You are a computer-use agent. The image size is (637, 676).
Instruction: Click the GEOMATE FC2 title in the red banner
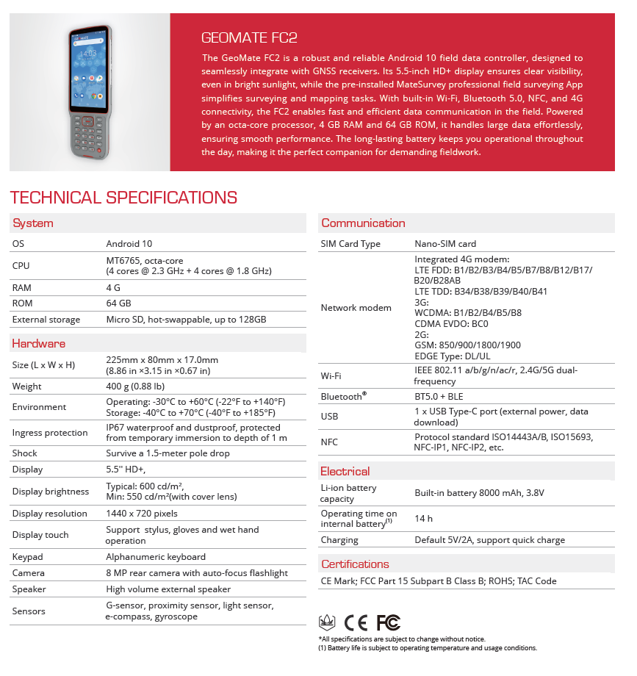pyautogui.click(x=249, y=37)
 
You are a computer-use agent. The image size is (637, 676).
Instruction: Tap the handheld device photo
pyautogui.click(x=90, y=91)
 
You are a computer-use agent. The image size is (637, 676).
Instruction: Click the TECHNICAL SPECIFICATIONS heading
pyautogui.click(x=123, y=198)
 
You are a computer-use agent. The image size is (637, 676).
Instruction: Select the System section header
pyautogui.click(x=33, y=223)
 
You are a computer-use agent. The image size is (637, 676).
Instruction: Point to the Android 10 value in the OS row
pyautogui.click(x=129, y=243)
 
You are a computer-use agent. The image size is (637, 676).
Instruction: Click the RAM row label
pyautogui.click(x=22, y=288)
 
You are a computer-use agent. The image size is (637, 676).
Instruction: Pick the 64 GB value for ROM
pyautogui.click(x=119, y=303)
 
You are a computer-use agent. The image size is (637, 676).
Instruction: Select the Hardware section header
pyautogui.click(x=39, y=343)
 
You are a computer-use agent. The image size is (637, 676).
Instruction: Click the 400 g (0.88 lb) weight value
pyautogui.click(x=135, y=386)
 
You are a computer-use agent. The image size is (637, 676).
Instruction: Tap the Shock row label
pyautogui.click(x=25, y=453)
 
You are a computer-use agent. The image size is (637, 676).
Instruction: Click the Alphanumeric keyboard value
pyautogui.click(x=156, y=557)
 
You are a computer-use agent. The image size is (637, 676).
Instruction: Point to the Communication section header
pyautogui.click(x=363, y=223)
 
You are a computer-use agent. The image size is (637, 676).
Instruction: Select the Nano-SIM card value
pyautogui.click(x=445, y=244)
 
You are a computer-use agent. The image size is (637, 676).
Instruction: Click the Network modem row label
pyautogui.click(x=356, y=308)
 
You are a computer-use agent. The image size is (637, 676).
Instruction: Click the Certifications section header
pyautogui.click(x=355, y=564)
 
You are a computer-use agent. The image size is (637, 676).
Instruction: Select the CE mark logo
pyautogui.click(x=356, y=623)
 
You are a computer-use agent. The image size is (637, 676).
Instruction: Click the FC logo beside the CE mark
pyautogui.click(x=388, y=623)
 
